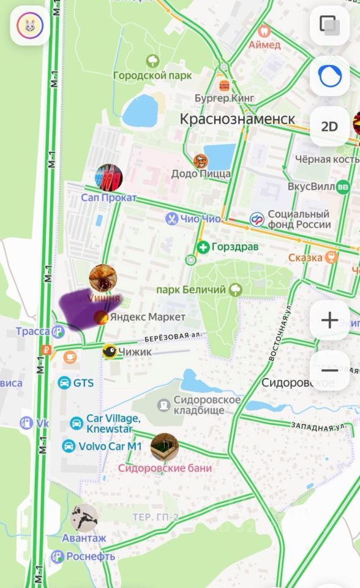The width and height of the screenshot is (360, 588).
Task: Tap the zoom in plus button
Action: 329,320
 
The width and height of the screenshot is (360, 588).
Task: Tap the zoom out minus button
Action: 329,371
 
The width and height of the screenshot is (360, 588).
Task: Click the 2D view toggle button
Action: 329,127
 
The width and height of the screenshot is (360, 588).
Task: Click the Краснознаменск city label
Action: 238,119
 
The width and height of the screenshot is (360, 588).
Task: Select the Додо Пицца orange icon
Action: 200,162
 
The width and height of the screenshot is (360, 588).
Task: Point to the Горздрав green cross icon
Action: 203,247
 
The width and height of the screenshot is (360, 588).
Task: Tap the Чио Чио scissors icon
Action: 171,219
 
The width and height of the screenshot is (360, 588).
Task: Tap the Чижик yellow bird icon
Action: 110,352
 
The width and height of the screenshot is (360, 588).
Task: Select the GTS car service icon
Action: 64,383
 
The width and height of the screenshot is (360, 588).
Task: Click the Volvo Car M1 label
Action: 110,447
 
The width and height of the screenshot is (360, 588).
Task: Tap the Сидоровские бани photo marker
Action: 164,447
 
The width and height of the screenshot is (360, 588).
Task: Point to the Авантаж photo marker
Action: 83,518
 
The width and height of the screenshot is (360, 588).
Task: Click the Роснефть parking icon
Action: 58,557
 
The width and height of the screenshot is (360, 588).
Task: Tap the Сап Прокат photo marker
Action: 108,178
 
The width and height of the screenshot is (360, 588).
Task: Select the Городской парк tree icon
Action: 153,61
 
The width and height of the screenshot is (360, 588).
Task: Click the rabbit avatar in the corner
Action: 29,26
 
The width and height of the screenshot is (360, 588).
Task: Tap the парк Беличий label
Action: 192,289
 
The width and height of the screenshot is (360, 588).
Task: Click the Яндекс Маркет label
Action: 148,317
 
